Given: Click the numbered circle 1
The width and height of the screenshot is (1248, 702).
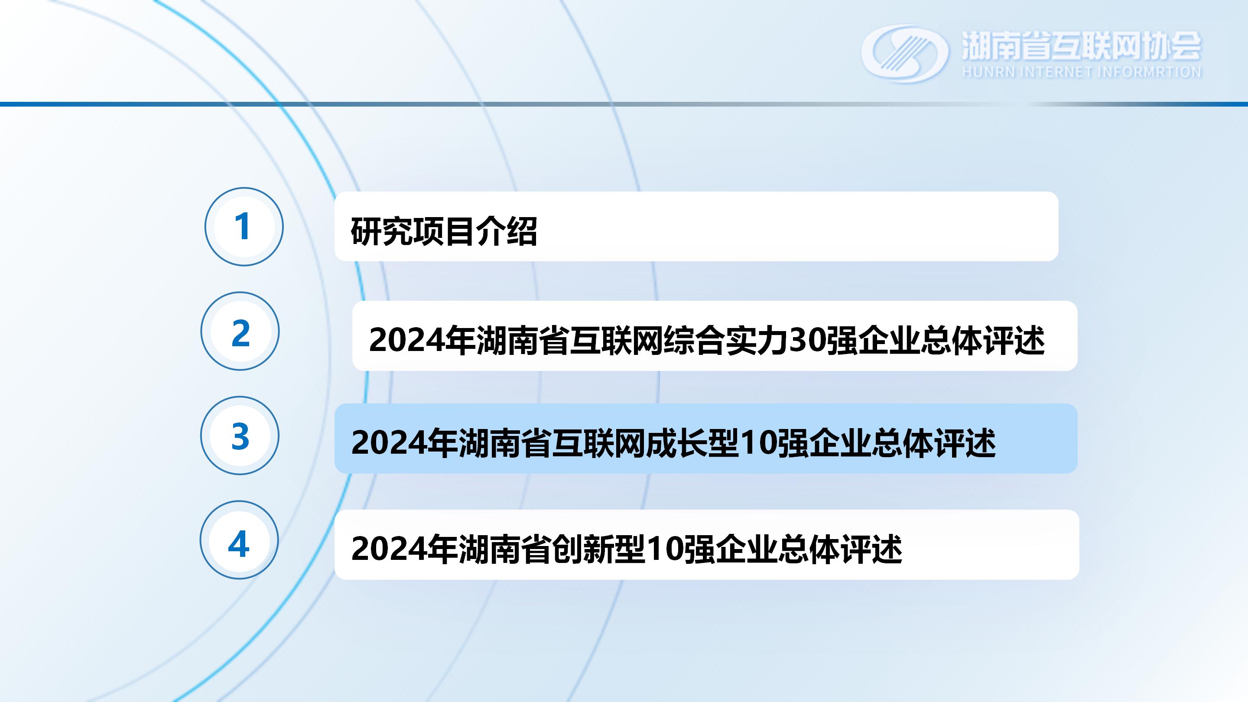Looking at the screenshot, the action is tap(244, 226).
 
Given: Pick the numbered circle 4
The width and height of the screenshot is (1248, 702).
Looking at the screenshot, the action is tap(239, 539).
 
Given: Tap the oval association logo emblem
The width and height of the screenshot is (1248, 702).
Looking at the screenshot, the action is tap(904, 53).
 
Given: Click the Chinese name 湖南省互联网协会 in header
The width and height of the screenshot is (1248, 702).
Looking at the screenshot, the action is tap(1081, 45).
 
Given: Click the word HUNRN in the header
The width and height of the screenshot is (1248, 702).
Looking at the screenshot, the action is tap(988, 72).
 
